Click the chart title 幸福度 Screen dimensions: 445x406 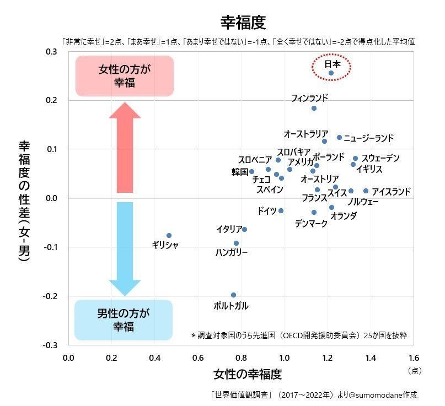(243, 23)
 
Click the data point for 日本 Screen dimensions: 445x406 (331, 73)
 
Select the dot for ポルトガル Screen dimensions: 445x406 (233, 295)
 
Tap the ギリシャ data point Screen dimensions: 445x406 (169, 235)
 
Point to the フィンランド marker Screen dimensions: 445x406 (314, 108)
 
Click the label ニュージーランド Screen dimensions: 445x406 (369, 138)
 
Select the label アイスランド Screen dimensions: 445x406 (392, 192)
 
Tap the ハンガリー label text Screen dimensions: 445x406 (232, 252)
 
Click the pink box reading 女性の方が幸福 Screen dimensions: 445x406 (125, 75)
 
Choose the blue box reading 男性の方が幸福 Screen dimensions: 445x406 (124, 320)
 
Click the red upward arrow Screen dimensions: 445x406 (125, 148)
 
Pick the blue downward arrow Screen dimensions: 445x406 (125, 249)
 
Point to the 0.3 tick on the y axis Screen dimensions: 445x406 (51, 52)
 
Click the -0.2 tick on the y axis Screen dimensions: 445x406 (50, 296)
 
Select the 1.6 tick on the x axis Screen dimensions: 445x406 (414, 358)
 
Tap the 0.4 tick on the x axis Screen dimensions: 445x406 (154, 358)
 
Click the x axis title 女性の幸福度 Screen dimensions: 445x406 (248, 374)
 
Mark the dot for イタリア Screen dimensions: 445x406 (244, 229)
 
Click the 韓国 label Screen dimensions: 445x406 (240, 172)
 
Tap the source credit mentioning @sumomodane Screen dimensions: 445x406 (314, 394)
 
